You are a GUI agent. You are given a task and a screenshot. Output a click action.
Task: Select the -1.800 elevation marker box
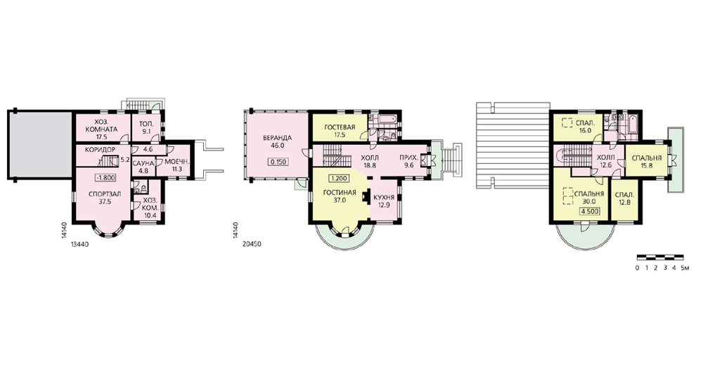(106, 178)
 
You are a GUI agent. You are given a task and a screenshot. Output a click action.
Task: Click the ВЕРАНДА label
(278, 138)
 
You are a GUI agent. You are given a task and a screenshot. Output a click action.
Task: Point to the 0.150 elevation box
(278, 162)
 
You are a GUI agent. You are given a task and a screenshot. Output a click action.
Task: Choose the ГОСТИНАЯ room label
(340, 193)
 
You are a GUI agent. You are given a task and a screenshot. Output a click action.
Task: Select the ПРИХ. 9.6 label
(409, 162)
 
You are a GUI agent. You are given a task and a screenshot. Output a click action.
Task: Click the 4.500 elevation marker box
(590, 212)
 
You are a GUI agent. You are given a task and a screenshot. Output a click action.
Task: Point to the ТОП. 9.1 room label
(147, 127)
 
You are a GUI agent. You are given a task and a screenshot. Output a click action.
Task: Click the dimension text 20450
(252, 245)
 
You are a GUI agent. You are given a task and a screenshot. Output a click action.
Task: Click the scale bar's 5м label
(684, 268)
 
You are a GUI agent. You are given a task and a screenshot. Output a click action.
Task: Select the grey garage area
(40, 144)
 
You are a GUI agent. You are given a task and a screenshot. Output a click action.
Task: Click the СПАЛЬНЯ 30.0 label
(588, 198)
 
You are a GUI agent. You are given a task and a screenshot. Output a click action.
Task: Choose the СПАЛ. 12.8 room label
(624, 199)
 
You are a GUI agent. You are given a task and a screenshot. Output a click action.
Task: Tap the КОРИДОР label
(100, 149)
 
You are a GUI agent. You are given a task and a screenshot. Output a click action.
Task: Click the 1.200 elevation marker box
(339, 178)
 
